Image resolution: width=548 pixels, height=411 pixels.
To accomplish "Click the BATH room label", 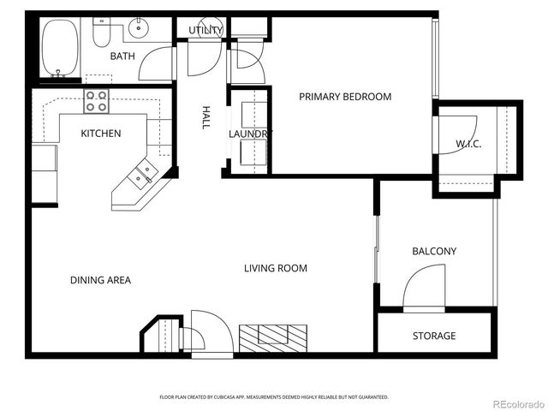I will point(122,57).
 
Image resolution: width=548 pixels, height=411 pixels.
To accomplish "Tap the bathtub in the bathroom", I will point(59,48).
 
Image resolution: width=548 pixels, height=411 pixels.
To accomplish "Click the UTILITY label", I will point(205,31).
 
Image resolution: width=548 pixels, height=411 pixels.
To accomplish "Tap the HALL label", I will point(206,117).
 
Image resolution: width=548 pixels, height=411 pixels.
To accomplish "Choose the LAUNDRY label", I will point(249,134).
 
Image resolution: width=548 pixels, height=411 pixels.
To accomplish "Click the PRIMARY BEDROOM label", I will point(344,97).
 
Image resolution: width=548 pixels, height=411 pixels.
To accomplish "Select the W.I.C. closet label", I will point(468,144).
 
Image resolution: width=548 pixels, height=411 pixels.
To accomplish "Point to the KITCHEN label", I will point(100,134).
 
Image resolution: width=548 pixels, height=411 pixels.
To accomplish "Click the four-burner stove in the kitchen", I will point(96,102).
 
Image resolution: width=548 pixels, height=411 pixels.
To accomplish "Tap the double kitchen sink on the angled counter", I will point(142,174).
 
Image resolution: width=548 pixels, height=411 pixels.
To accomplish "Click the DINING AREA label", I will point(101,280).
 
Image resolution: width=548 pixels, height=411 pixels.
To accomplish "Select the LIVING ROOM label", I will point(275,269).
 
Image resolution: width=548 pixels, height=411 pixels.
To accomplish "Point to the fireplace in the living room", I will point(272,337).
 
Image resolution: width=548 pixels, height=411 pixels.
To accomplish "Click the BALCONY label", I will point(434,252).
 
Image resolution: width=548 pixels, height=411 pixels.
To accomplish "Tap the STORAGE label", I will point(434,336).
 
